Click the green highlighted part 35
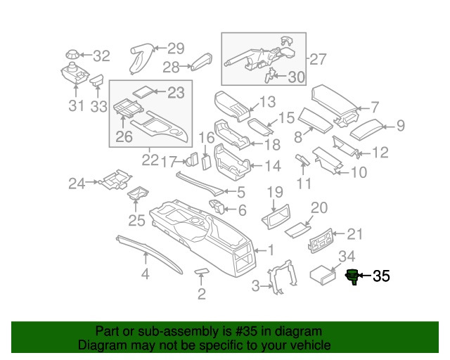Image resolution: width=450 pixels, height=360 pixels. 352,276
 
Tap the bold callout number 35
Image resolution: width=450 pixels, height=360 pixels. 380,276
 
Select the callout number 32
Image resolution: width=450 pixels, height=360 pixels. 102,56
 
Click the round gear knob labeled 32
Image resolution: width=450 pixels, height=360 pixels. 71,54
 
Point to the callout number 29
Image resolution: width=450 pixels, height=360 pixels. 175,49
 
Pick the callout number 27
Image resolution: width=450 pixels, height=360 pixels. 319,59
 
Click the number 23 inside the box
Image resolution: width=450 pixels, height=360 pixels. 175,91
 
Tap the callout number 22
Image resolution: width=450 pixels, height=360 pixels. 150,160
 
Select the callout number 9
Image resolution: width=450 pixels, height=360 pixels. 401,126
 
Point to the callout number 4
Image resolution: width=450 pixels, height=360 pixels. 146,274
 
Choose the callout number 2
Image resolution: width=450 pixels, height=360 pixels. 202,294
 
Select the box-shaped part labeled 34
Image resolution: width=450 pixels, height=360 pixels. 325,274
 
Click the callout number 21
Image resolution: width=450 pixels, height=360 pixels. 356,234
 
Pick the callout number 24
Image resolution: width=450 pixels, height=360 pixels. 77,184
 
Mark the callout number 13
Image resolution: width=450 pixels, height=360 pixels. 267,102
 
